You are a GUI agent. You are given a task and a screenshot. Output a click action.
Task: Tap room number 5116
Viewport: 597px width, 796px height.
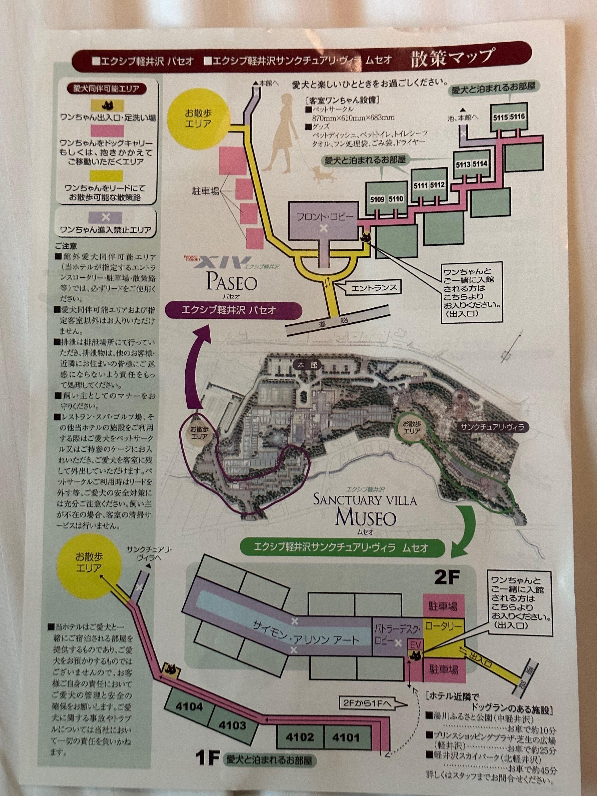pyautogui.click(x=517, y=116)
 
